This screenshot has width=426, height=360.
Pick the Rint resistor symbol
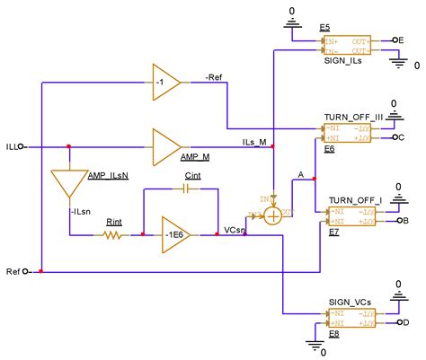(114, 234)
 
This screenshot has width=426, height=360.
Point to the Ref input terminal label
(13, 270)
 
